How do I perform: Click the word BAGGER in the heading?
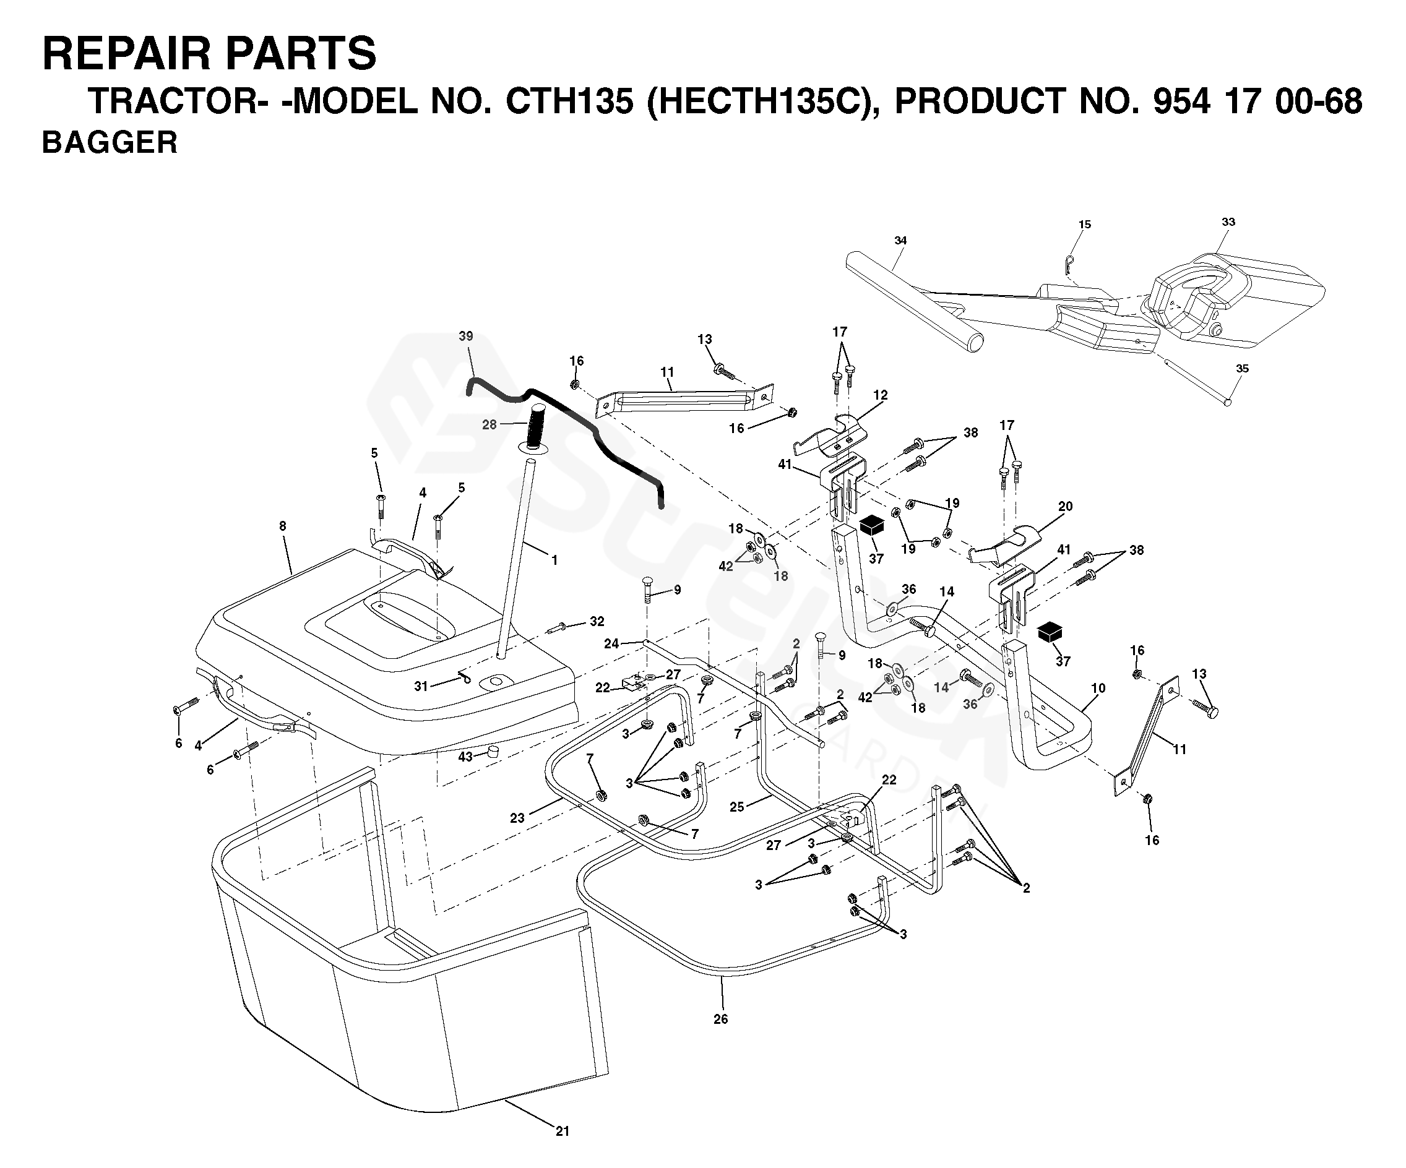click(x=110, y=142)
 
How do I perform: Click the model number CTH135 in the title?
click(x=569, y=101)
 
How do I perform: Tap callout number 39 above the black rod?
click(x=466, y=336)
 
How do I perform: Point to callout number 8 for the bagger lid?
click(x=283, y=526)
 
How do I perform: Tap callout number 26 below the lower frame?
click(x=720, y=1019)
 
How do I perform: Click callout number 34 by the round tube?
click(x=900, y=240)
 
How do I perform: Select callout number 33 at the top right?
click(x=1228, y=221)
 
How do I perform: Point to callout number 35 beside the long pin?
click(x=1242, y=368)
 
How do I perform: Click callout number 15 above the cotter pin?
click(x=1085, y=224)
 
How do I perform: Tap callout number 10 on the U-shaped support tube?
click(x=1098, y=688)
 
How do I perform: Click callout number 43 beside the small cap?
click(x=465, y=757)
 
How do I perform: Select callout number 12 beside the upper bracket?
click(x=881, y=395)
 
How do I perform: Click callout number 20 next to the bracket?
click(x=1065, y=507)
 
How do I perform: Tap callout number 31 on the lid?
click(x=420, y=686)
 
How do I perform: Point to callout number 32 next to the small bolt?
click(x=597, y=621)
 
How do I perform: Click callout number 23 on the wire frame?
click(x=517, y=818)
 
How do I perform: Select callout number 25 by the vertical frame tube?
click(x=736, y=807)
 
